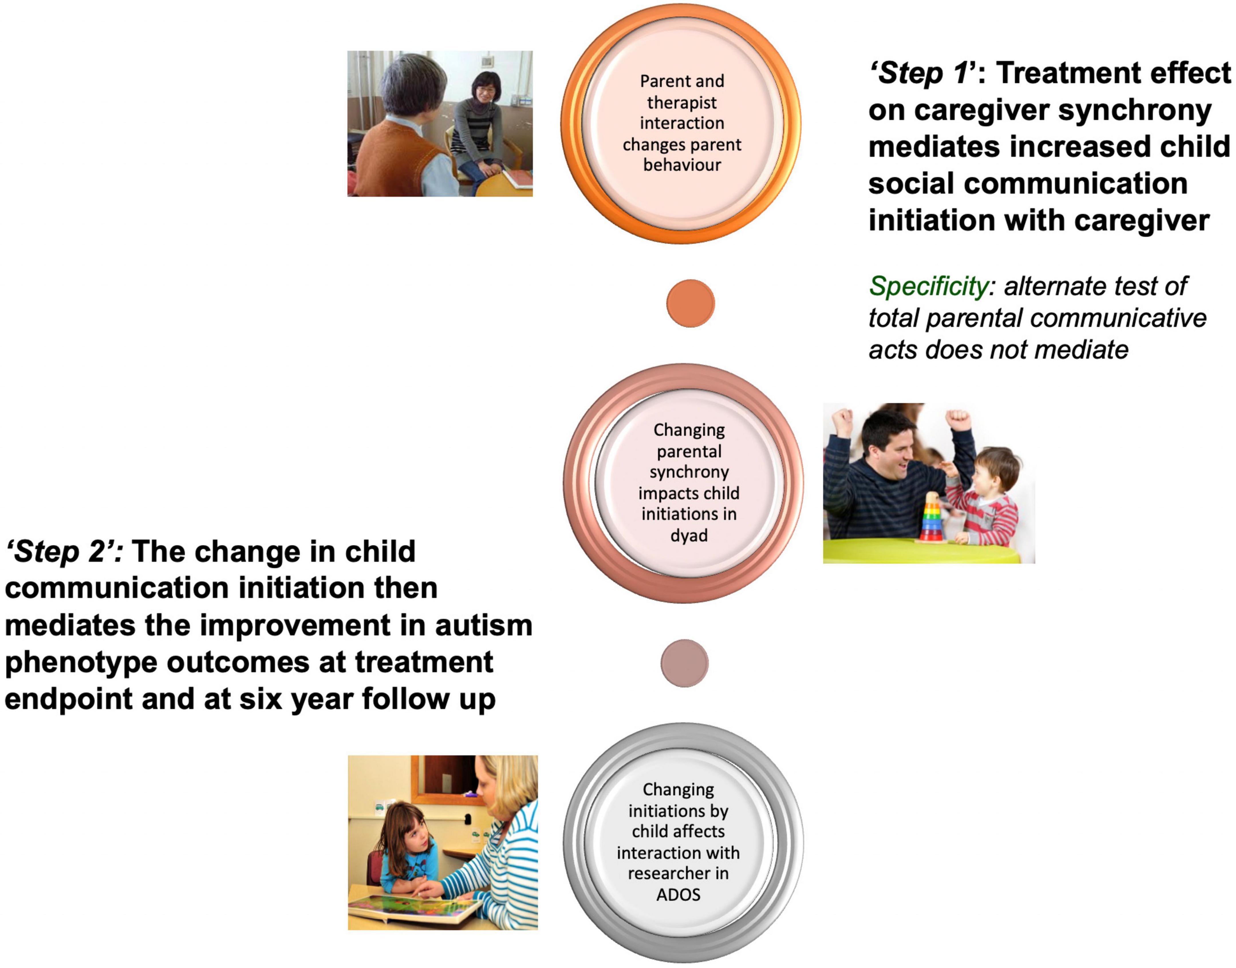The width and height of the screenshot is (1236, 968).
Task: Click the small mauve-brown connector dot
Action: pos(684,663)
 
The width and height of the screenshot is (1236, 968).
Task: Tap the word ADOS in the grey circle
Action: pos(678,894)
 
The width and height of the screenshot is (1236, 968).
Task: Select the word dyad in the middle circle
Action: pos(689,535)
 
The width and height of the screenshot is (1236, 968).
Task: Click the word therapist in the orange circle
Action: pos(682,103)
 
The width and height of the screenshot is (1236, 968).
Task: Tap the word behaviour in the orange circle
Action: pos(682,165)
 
